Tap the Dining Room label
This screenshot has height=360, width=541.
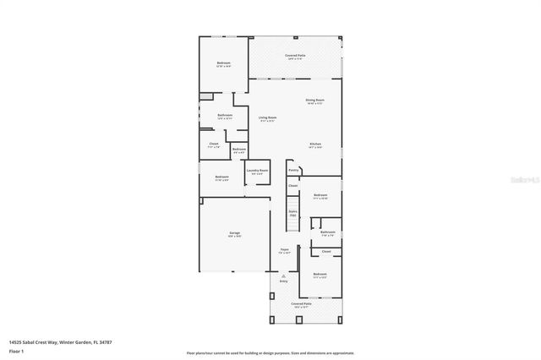tap(314, 100)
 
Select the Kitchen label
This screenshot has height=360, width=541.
tap(314, 144)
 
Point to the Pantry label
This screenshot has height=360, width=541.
tap(293, 170)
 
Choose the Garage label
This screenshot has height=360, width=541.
tap(234, 232)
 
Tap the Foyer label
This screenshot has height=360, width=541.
tap(285, 250)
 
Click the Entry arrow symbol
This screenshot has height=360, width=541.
tap(285, 275)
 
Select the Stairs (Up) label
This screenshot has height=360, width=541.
tap(292, 213)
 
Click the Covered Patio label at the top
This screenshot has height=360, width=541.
tap(296, 56)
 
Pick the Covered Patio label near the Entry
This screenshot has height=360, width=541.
tap(302, 303)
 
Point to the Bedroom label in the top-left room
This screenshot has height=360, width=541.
tap(223, 63)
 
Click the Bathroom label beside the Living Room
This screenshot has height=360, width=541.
tap(224, 115)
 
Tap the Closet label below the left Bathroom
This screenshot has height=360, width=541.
tap(214, 144)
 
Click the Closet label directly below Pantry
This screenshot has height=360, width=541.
tap(292, 185)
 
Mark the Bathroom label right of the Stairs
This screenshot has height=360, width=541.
tap(327, 232)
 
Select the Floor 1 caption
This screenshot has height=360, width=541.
tap(16, 351)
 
